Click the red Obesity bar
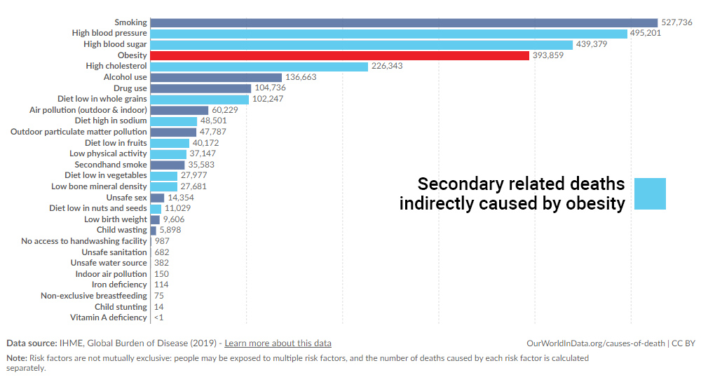(339, 55)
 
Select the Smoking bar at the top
(404, 22)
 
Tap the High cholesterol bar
(259, 66)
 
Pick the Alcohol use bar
(216, 77)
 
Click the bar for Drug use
(200, 88)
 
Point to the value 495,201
(646, 33)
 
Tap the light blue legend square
(650, 193)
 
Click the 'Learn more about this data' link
(278, 343)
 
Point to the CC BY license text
(683, 343)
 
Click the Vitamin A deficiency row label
(109, 318)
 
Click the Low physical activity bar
(168, 153)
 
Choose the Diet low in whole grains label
(102, 99)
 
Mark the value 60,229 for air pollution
(226, 110)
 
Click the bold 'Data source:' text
(32, 343)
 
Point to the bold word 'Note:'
(16, 358)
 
